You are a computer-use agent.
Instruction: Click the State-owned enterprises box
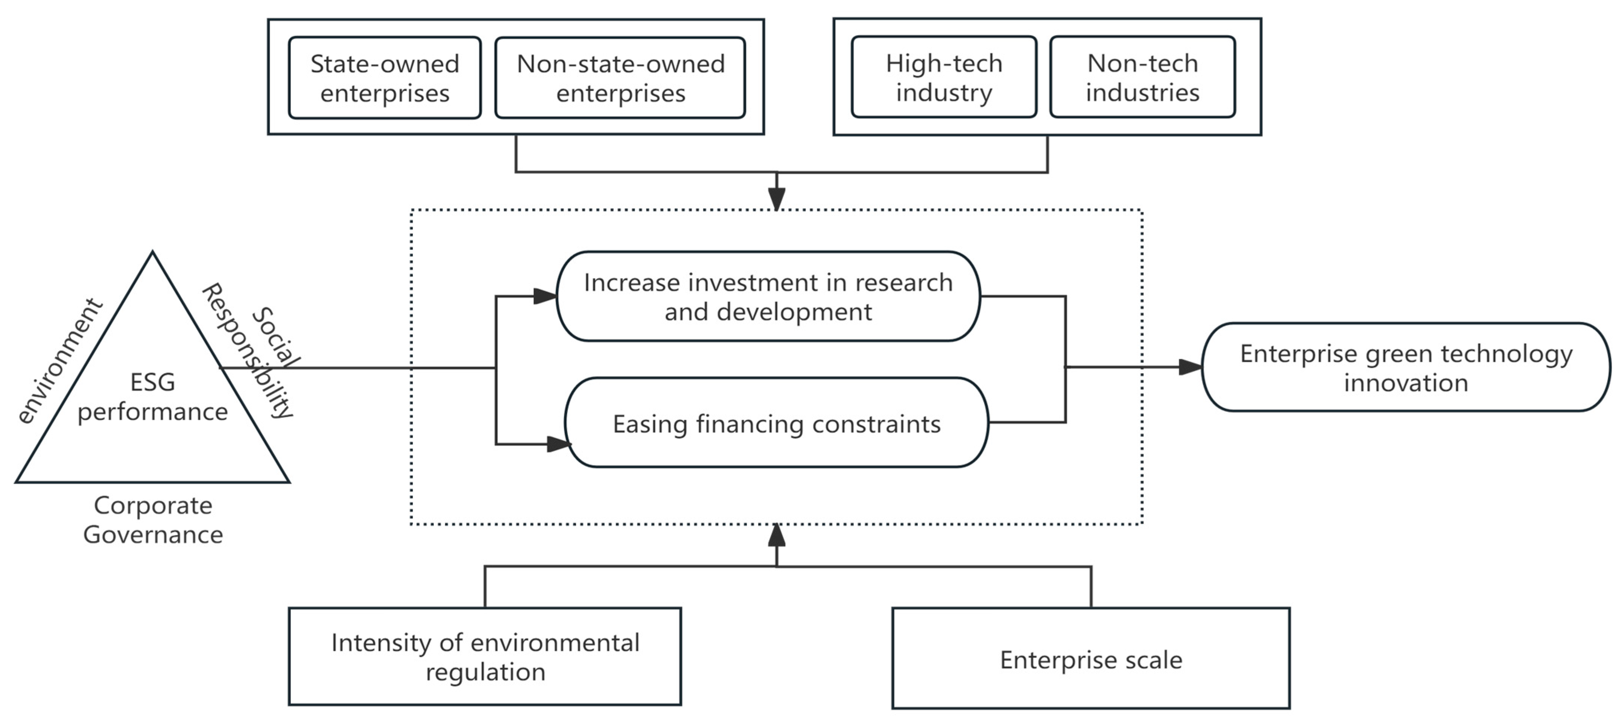point(385,78)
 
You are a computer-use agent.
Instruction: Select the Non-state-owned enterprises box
point(620,78)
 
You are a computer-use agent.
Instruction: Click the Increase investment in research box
point(768,296)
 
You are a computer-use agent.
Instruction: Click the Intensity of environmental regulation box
point(485,656)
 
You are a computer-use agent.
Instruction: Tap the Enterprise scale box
point(1090,659)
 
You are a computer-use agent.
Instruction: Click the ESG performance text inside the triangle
point(152,396)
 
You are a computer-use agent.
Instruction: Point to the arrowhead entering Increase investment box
point(544,296)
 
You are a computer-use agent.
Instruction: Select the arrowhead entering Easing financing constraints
point(558,444)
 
